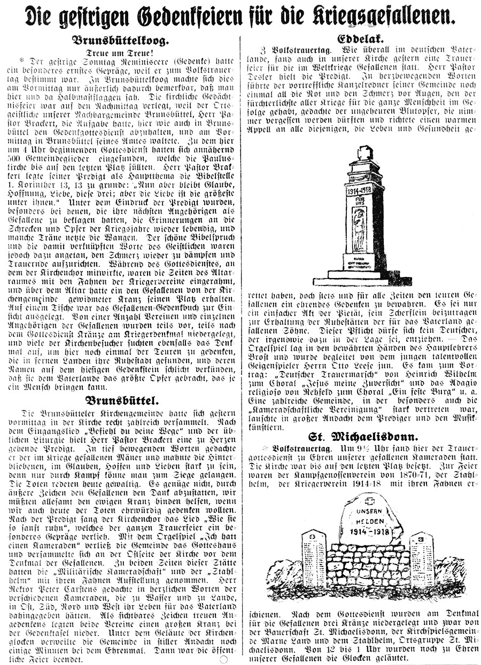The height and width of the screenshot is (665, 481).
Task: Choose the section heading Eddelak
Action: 362,39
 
